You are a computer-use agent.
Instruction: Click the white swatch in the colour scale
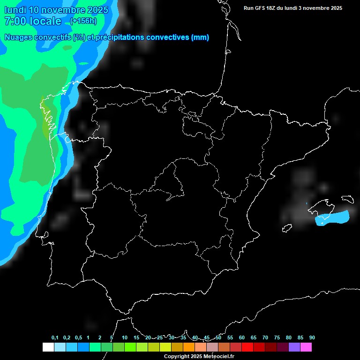coord(48,347)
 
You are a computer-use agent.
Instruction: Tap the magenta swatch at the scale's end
coord(306,347)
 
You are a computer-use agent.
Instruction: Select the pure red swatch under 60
coord(247,347)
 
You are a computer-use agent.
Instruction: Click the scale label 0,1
coord(55,338)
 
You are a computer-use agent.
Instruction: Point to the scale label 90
coord(312,338)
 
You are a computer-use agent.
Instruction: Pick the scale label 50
coord(218,338)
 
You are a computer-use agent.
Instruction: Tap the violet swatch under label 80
coord(294,347)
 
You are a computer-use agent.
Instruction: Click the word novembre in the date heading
coord(63,10)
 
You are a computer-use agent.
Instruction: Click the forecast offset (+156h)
coord(83,21)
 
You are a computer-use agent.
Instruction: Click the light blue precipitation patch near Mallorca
coord(332,217)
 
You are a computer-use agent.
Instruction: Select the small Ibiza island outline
coord(287,228)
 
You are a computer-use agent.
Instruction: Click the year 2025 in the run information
coord(335,8)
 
